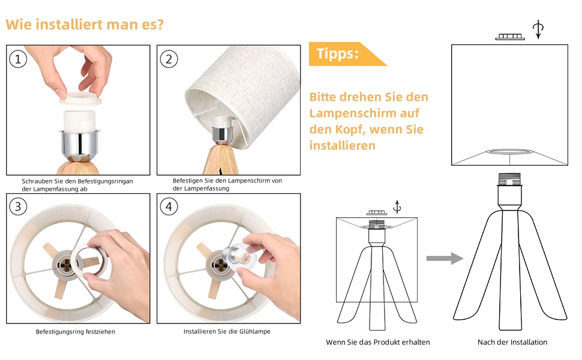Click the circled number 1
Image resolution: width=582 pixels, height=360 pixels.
(x=18, y=59)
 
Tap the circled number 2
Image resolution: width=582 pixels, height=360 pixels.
(x=169, y=59)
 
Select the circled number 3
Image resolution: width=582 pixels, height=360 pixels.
(x=18, y=206)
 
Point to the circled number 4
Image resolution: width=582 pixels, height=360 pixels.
(x=169, y=206)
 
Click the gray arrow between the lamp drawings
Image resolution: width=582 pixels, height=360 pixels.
(x=445, y=259)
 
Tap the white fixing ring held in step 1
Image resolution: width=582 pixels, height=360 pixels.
(x=80, y=99)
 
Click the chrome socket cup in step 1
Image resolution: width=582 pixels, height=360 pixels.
(x=79, y=142)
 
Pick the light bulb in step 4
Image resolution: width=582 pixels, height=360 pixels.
(x=238, y=256)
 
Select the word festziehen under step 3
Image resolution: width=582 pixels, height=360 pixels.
(x=100, y=332)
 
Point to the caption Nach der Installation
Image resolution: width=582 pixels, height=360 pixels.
(x=512, y=342)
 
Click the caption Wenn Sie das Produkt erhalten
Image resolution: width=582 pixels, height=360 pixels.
(x=378, y=342)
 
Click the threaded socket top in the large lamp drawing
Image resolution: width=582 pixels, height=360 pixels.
(x=509, y=179)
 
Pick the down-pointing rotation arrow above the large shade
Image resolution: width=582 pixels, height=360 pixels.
(x=538, y=29)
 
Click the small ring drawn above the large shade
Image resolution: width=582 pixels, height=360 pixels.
(x=510, y=37)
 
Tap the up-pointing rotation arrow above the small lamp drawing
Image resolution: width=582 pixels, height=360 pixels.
(x=397, y=207)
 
